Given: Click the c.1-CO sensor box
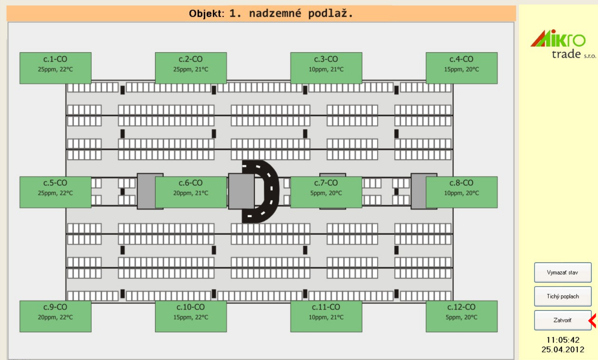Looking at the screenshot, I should [x=55, y=68].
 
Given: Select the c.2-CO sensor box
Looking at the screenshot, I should [x=191, y=68].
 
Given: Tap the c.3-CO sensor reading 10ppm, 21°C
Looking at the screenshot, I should [x=326, y=68].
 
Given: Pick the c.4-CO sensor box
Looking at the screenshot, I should [x=461, y=68].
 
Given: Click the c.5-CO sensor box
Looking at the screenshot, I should [x=55, y=192].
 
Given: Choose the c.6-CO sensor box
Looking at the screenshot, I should [x=191, y=192].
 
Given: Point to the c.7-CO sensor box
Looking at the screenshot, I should [x=326, y=192].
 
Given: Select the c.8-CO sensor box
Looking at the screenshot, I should [x=461, y=192].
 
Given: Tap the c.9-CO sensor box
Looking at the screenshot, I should [x=55, y=316].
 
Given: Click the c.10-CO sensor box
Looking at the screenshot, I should [x=191, y=316].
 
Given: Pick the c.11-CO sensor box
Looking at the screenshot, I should [x=326, y=316].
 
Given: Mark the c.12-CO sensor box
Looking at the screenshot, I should [x=461, y=316].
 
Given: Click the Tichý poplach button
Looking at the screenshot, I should [x=562, y=296].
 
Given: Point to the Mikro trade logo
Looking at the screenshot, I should [x=563, y=44].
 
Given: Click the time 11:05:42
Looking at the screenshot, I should [x=562, y=340].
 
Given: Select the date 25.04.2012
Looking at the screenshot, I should [x=562, y=349].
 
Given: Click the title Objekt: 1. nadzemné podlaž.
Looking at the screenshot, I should [x=271, y=14].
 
